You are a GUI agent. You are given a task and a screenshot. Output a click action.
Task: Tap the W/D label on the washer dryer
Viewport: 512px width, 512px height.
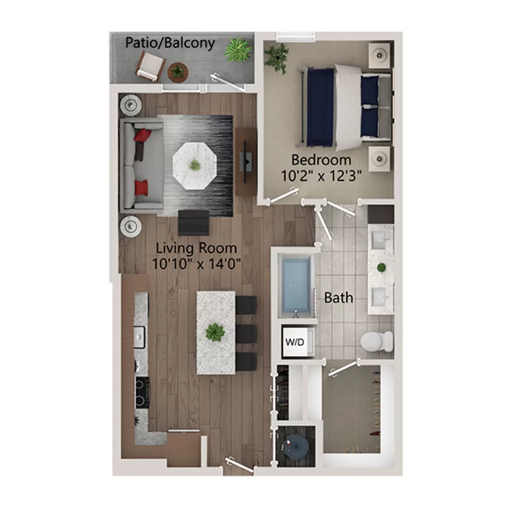coord(295,342)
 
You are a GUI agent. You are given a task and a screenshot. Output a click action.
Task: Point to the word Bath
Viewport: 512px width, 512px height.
coord(338,298)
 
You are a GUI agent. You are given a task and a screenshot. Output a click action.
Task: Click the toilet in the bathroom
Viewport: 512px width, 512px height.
coord(376,341)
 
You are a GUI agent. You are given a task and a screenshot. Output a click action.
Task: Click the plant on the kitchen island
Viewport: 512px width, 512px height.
coord(215,332)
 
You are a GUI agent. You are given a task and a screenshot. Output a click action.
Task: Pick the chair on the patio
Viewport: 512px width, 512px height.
coord(150,66)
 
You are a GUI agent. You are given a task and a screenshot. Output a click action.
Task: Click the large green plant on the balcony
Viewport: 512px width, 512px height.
coord(238,49)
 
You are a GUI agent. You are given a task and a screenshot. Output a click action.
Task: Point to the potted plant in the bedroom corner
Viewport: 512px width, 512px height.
coord(278,57)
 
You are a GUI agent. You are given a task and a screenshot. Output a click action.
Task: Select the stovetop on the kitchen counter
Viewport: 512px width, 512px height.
coord(141,393)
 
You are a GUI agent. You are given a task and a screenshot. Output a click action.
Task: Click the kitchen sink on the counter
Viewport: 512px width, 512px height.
coord(140,336)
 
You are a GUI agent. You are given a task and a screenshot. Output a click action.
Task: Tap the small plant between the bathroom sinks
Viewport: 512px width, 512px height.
coord(381,267)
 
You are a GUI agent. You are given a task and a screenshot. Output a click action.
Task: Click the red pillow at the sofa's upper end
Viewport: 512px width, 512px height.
coord(142,135)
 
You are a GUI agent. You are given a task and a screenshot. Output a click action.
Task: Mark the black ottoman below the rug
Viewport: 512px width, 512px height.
coord(193,222)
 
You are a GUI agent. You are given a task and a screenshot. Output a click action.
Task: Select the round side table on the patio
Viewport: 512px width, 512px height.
coord(178,71)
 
